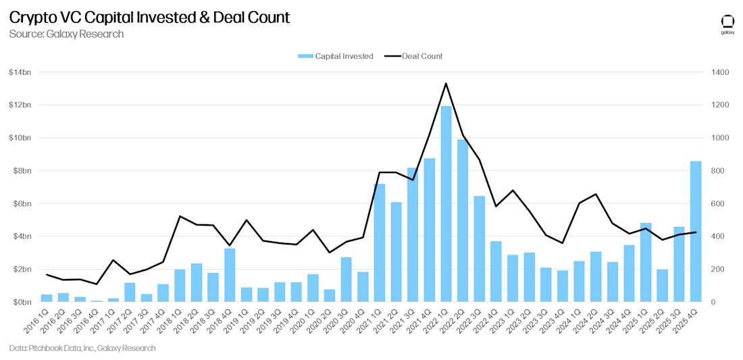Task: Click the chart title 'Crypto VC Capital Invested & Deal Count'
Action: (149, 18)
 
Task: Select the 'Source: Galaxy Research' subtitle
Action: (66, 34)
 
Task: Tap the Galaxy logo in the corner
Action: (727, 24)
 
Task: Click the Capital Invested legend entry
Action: (336, 56)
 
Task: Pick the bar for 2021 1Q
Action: (380, 243)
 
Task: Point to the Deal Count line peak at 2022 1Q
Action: (446, 84)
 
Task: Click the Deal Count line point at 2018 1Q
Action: (180, 216)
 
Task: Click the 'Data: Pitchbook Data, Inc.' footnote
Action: (82, 349)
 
